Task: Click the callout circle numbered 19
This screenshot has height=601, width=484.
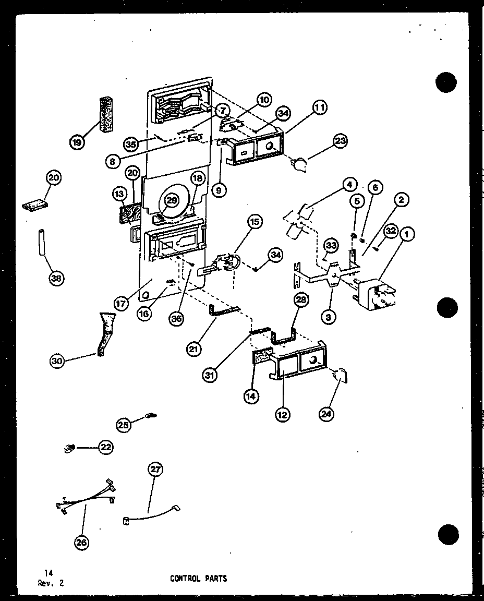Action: [x=78, y=142]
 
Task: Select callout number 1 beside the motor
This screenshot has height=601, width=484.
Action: [x=406, y=236]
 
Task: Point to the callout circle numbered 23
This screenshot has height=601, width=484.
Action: [x=341, y=141]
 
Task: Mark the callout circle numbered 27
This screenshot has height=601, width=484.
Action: [x=155, y=470]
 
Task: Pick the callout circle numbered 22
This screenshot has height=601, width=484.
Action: [x=106, y=447]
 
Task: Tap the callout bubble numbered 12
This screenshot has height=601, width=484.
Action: [x=283, y=415]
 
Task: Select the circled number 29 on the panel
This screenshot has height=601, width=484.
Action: [x=172, y=200]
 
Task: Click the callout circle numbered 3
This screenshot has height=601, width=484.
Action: [x=330, y=316]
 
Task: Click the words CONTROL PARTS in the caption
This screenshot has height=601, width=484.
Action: [x=198, y=579]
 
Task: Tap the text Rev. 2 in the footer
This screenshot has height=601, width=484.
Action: [x=51, y=583]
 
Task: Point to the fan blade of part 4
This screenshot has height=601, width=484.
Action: [x=299, y=220]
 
